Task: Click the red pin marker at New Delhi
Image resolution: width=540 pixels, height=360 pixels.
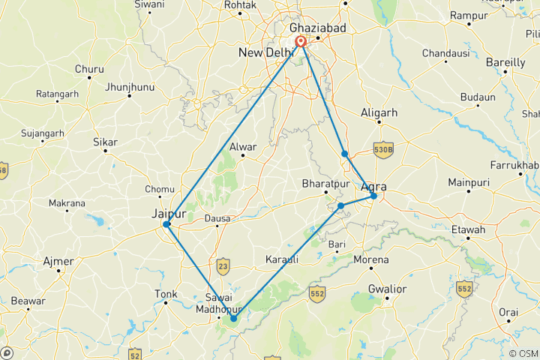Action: click(x=300, y=42)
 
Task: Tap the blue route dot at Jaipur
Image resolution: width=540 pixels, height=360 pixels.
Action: click(x=166, y=224)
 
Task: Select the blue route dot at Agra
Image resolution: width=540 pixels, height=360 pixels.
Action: click(x=373, y=196)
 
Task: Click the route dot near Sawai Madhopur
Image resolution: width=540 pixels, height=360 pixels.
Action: click(x=234, y=319)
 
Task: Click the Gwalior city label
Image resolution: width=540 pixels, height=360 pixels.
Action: click(x=387, y=289)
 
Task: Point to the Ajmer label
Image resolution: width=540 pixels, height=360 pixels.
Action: click(x=59, y=262)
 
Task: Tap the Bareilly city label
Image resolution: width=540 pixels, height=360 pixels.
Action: click(x=505, y=62)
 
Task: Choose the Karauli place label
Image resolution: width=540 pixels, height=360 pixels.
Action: click(x=282, y=259)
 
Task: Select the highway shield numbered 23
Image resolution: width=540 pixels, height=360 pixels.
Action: click(x=222, y=265)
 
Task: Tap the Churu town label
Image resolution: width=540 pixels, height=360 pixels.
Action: click(x=88, y=69)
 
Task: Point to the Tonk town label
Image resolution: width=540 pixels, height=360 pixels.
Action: click(x=165, y=294)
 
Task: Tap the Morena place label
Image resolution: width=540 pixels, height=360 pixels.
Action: click(x=371, y=259)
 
